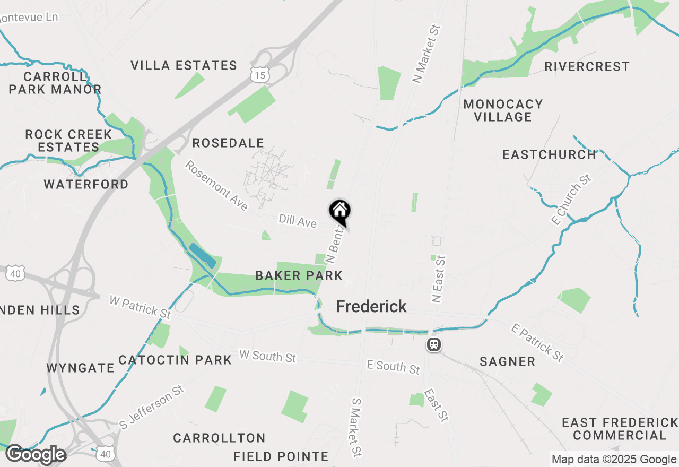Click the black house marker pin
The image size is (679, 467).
[x=340, y=212]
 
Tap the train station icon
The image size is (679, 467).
[x=434, y=345]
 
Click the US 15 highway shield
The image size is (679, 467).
[x=260, y=75]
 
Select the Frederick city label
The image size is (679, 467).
[x=371, y=306]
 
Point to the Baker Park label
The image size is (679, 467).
[x=299, y=275]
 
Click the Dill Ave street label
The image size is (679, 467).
[x=298, y=221]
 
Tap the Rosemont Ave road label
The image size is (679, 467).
[x=216, y=185]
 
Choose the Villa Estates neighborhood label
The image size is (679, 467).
[x=184, y=66]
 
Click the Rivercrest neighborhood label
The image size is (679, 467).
[x=587, y=67]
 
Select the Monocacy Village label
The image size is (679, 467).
[x=503, y=110]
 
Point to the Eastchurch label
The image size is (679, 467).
[x=550, y=154]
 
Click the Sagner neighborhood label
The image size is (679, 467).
[x=507, y=362]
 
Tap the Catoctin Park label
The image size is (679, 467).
[x=175, y=360]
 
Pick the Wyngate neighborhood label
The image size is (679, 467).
[x=80, y=368]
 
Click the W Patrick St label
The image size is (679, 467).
[x=140, y=307]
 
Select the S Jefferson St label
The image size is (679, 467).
[x=152, y=407]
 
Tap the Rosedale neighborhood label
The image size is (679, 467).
[x=228, y=143]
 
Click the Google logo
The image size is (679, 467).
[x=36, y=455]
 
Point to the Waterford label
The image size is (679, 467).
[x=86, y=184]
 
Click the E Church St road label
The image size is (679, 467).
[x=572, y=200]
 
